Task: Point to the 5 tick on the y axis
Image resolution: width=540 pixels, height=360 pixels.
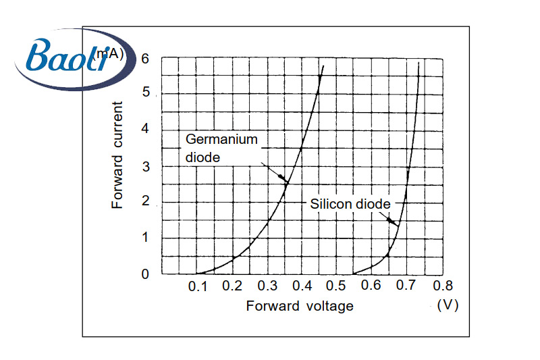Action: (x=145, y=93)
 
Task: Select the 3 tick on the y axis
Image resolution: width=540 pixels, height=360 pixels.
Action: (x=145, y=166)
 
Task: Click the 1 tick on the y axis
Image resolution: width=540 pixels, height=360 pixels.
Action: (x=145, y=238)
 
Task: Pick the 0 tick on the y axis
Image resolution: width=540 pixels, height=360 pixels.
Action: (x=145, y=274)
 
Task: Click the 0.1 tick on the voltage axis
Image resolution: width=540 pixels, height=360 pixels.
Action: (x=198, y=286)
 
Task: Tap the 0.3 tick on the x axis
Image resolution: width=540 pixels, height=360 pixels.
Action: (x=267, y=286)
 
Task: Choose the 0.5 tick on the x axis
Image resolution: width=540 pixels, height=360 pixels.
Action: (x=336, y=286)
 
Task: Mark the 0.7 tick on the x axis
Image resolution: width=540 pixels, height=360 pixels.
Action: (x=406, y=286)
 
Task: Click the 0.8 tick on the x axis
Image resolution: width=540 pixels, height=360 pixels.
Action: (x=441, y=286)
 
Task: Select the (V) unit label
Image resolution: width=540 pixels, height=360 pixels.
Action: (x=448, y=305)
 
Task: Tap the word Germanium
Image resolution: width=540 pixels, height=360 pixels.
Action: (x=221, y=140)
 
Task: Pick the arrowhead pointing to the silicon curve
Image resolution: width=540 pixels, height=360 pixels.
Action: (x=395, y=222)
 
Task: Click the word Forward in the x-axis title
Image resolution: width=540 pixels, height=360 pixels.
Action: (x=273, y=306)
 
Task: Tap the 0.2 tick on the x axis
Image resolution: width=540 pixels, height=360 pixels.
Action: (x=232, y=286)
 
